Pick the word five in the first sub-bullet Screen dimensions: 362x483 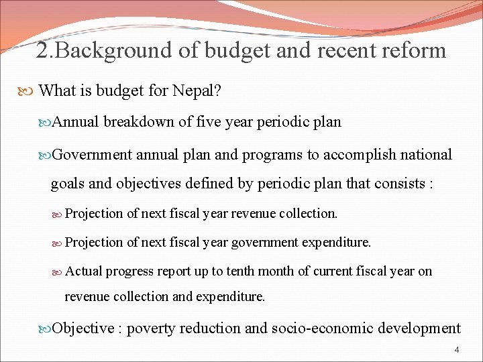[x=204, y=122]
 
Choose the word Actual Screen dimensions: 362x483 [x=84, y=271]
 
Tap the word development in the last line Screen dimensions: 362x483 [x=420, y=328]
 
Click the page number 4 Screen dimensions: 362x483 [x=457, y=350]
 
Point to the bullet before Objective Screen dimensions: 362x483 [x=46, y=329]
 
